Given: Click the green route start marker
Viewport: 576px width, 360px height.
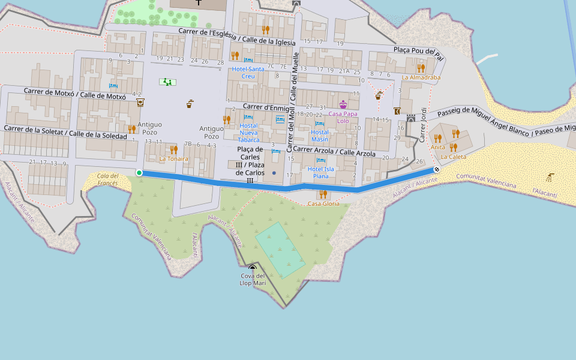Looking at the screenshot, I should tap(139, 173).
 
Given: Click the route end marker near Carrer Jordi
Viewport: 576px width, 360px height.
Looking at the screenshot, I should tap(437, 170).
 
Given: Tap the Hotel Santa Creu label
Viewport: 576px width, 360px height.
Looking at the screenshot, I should tap(248, 73).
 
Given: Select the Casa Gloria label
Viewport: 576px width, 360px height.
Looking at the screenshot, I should tap(323, 204).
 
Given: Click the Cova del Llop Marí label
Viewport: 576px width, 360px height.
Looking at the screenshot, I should tap(253, 280).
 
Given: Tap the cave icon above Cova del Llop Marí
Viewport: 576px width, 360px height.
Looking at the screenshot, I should tap(253, 268).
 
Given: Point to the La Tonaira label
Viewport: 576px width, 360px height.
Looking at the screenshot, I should tap(173, 159).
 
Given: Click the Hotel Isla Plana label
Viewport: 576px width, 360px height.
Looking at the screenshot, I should tap(321, 173).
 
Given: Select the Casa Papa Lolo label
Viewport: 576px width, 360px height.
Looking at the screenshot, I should tap(343, 117).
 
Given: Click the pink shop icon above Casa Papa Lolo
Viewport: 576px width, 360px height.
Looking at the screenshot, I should tap(343, 104).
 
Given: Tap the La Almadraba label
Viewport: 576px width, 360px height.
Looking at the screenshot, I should tap(421, 77).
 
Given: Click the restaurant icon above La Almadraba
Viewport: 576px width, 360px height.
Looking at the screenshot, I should tap(421, 68).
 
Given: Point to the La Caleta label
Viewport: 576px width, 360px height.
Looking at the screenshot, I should tap(453, 157).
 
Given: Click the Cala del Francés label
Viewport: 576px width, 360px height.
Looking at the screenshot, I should tap(108, 179).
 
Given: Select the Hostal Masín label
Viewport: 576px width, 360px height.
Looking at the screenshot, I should tap(320, 136).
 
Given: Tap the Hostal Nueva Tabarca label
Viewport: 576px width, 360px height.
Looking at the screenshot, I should tap(248, 133).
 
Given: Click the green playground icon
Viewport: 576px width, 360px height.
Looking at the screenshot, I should tap(167, 82).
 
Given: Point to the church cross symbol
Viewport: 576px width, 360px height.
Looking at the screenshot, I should tap(199, 3).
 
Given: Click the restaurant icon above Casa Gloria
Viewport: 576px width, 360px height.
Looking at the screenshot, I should tap(323, 194).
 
